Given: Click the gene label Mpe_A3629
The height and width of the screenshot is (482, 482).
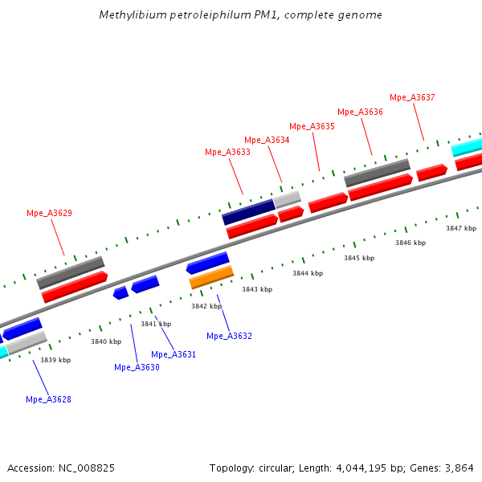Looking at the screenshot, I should coord(49,213).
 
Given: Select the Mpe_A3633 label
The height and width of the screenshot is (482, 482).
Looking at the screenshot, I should coord(227,152).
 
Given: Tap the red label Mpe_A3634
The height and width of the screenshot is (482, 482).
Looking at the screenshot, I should coord(267,140).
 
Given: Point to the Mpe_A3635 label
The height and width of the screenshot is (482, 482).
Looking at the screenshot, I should coord(312,126).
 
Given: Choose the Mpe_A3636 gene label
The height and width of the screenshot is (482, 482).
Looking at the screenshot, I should coord(360,112).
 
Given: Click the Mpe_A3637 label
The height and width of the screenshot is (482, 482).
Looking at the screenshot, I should coord(412,97).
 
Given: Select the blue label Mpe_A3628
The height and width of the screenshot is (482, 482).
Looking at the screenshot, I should coord(48,399).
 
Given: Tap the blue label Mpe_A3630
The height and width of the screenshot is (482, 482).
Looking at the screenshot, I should coord(137,367).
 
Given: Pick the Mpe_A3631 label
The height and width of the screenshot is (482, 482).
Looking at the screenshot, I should coord(174,354).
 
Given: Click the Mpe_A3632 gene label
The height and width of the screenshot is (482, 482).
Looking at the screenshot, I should coord(229,336).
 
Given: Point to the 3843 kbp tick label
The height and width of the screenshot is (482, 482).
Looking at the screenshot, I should coord(257,289).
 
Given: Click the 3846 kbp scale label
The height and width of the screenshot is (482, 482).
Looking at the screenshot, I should coord(411,243).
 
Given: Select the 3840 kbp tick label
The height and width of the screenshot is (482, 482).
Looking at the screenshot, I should coord(105,341).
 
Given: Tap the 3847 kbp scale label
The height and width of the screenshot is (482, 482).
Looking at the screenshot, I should coord(461,228).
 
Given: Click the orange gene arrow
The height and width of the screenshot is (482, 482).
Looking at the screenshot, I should coord(211,278).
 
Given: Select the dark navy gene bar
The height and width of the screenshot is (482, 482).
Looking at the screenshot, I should coord(249,212).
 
